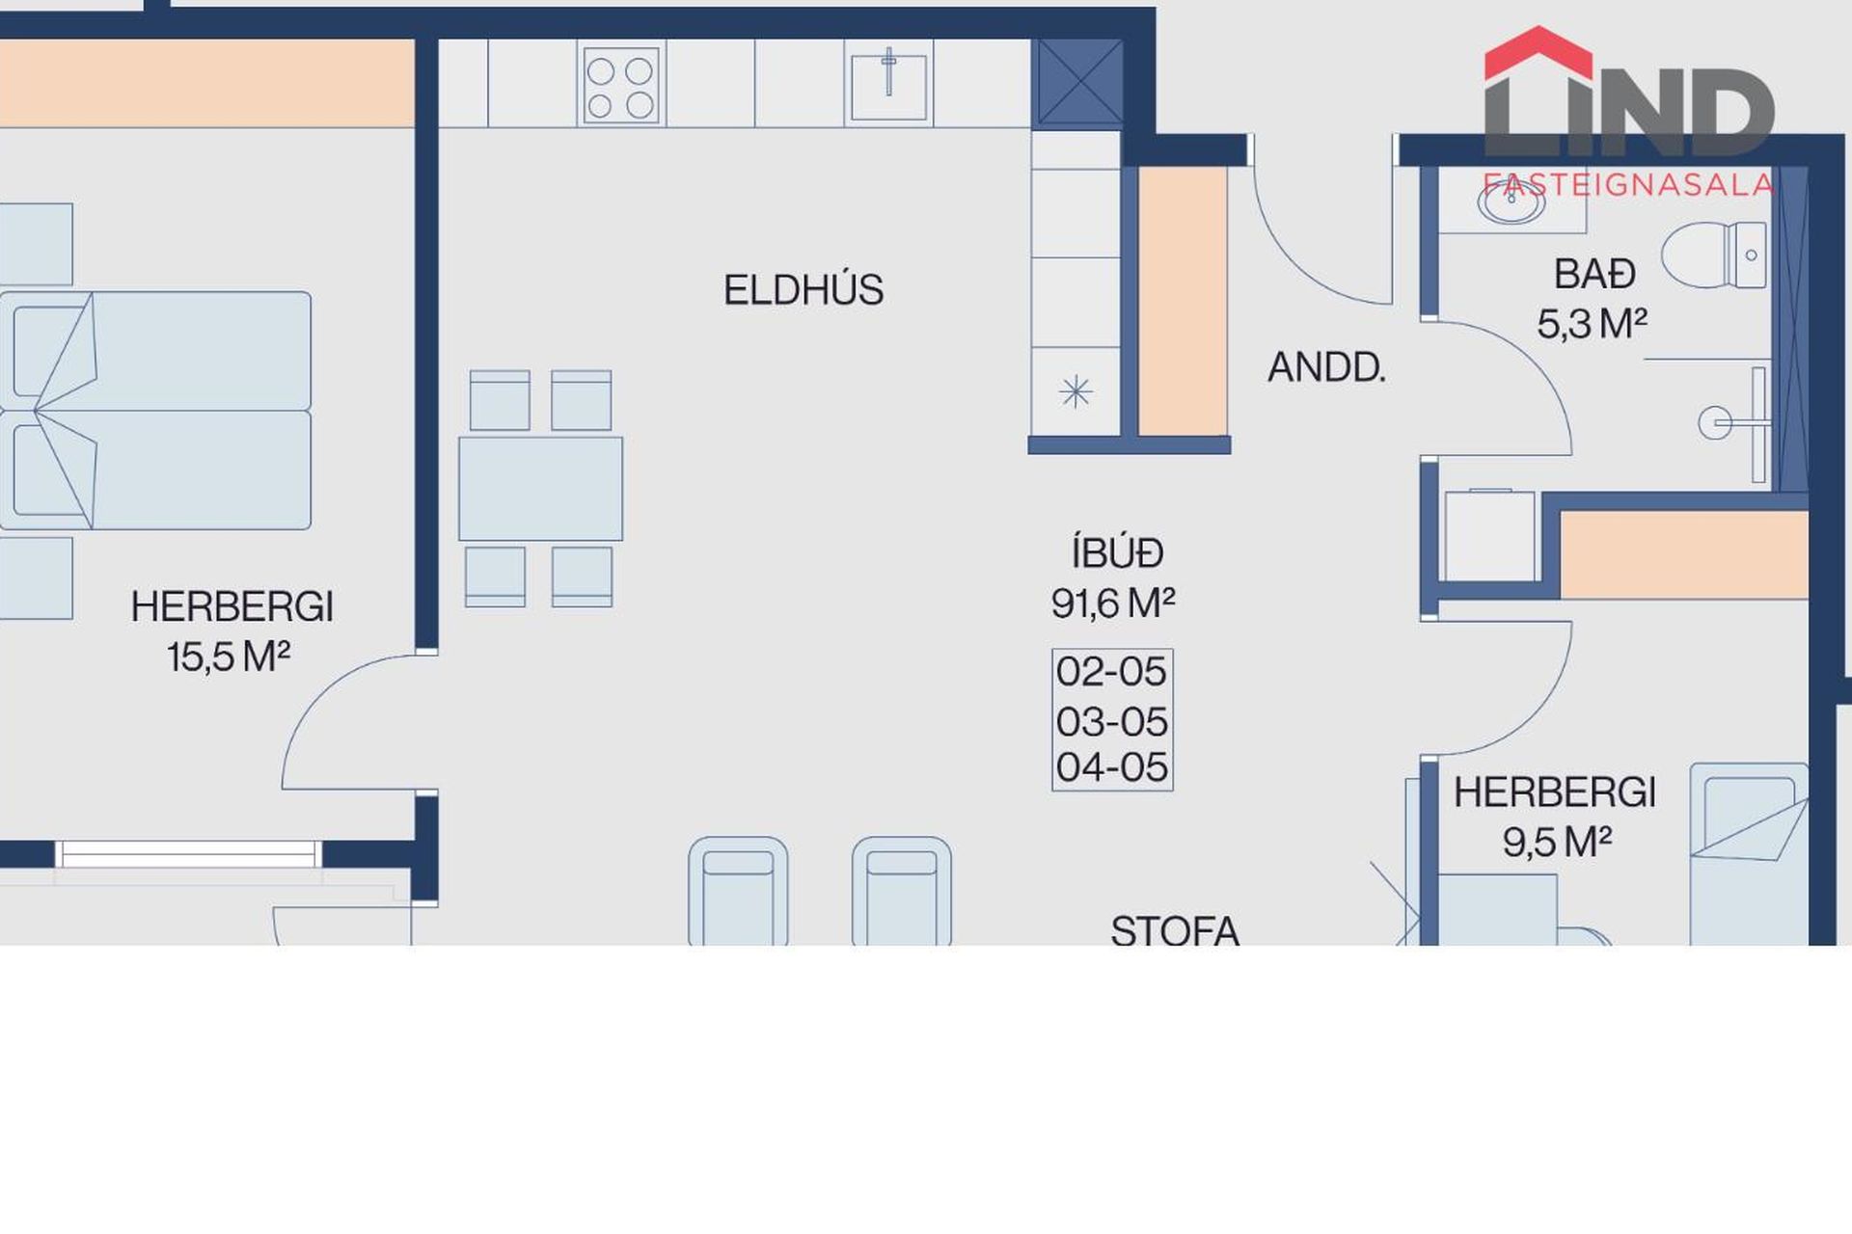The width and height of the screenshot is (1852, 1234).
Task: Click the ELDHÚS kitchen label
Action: (x=803, y=289)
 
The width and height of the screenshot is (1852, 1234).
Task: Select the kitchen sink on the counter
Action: (x=888, y=85)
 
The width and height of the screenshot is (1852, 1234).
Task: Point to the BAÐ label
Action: (x=1594, y=275)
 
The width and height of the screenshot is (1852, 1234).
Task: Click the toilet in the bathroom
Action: (x=1714, y=255)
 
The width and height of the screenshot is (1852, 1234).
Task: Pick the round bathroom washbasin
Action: (x=1512, y=201)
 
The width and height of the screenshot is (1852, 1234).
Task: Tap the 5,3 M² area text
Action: (x=1592, y=324)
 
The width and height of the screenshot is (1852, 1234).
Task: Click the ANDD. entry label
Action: (x=1326, y=367)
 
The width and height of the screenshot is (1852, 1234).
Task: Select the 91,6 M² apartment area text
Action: (x=1113, y=604)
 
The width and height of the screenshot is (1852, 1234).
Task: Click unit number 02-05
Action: (x=1111, y=672)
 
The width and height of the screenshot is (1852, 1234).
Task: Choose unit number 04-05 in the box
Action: (x=1111, y=767)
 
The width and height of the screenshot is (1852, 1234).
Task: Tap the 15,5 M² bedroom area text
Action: (x=229, y=657)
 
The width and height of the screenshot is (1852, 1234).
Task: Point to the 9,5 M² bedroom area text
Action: (x=1557, y=842)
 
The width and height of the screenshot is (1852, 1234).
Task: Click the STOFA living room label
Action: (x=1175, y=929)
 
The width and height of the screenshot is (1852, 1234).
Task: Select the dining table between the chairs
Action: (x=540, y=489)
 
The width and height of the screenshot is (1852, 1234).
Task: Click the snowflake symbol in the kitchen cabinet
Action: (x=1075, y=391)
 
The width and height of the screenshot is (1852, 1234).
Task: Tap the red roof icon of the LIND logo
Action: (x=1538, y=53)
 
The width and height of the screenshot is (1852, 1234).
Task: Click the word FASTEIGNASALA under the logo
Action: (x=1628, y=184)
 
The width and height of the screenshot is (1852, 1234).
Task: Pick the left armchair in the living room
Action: (x=738, y=891)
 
